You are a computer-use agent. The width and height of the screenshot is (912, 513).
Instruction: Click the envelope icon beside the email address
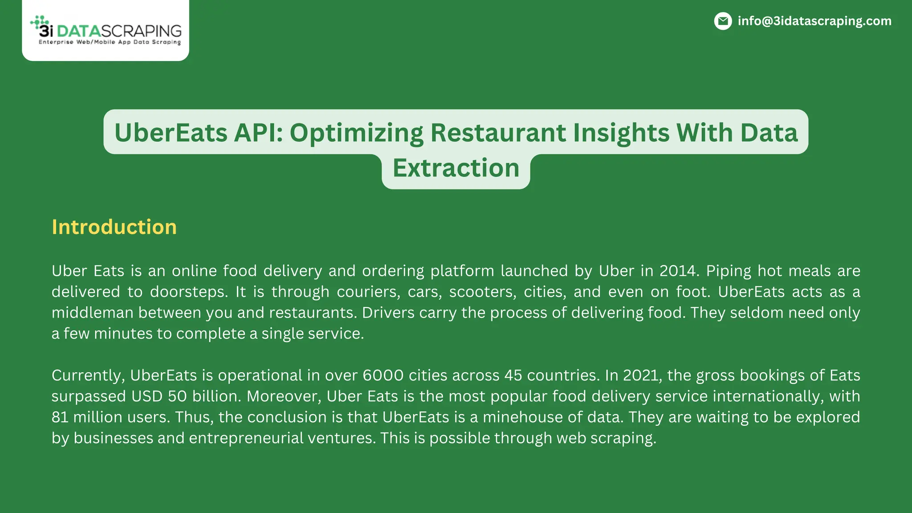(723, 21)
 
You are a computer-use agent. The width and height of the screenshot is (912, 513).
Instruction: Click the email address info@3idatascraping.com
(814, 21)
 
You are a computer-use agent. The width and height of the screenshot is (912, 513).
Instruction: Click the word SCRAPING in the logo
(142, 31)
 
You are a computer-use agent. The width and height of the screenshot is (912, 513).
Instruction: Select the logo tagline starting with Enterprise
(110, 42)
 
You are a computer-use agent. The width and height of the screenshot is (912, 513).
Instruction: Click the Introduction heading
(114, 227)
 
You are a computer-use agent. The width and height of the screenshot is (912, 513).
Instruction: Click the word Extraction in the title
(456, 168)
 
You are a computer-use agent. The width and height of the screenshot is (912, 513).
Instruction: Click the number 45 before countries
(513, 375)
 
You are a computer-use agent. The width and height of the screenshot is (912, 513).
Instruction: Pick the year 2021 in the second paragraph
(641, 375)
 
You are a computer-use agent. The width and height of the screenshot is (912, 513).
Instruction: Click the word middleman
(92, 313)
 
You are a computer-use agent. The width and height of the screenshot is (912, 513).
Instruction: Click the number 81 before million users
(60, 417)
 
